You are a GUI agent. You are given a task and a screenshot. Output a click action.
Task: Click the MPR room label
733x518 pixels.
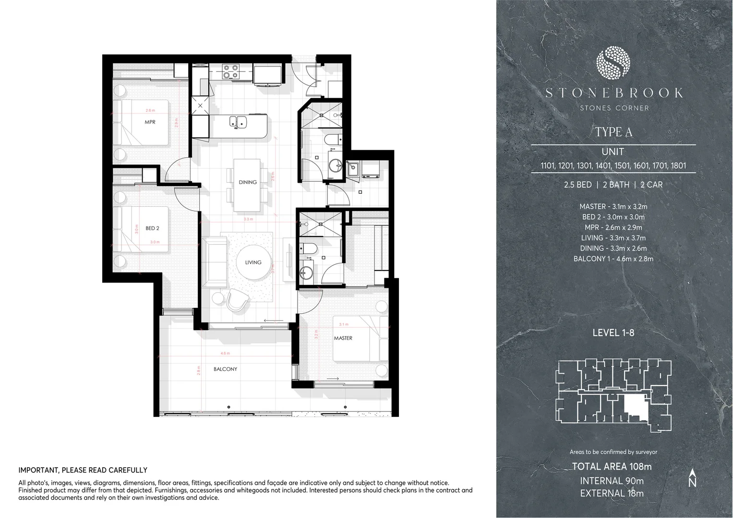[150, 122]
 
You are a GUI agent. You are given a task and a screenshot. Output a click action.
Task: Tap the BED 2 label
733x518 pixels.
[152, 228]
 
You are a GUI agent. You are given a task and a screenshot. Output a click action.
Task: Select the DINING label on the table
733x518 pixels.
[248, 182]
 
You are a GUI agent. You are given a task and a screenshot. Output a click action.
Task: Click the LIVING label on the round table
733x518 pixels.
[253, 262]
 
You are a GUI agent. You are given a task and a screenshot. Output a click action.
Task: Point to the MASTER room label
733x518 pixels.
[343, 338]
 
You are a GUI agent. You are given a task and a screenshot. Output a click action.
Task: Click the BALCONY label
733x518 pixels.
[225, 369]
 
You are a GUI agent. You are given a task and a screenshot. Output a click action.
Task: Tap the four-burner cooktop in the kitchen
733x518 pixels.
[230, 71]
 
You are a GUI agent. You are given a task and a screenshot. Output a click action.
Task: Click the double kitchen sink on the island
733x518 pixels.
[238, 122]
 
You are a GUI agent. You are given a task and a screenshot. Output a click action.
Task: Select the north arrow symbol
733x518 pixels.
[692, 478]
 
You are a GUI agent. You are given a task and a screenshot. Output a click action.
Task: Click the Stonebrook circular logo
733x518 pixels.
[613, 64]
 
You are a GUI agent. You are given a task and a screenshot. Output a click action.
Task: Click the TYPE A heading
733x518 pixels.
[613, 132]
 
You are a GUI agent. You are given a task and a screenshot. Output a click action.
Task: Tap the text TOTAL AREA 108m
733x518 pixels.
[612, 466]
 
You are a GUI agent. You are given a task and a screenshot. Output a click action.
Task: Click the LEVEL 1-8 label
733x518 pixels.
[613, 332]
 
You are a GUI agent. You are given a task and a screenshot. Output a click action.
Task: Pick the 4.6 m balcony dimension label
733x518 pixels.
[225, 353]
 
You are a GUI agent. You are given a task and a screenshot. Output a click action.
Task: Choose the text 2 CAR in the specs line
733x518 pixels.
[651, 185]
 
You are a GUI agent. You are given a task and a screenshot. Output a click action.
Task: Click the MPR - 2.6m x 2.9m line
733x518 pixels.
[613, 227]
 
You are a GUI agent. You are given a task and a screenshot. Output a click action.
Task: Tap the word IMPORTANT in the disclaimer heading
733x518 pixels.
[38, 471]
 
